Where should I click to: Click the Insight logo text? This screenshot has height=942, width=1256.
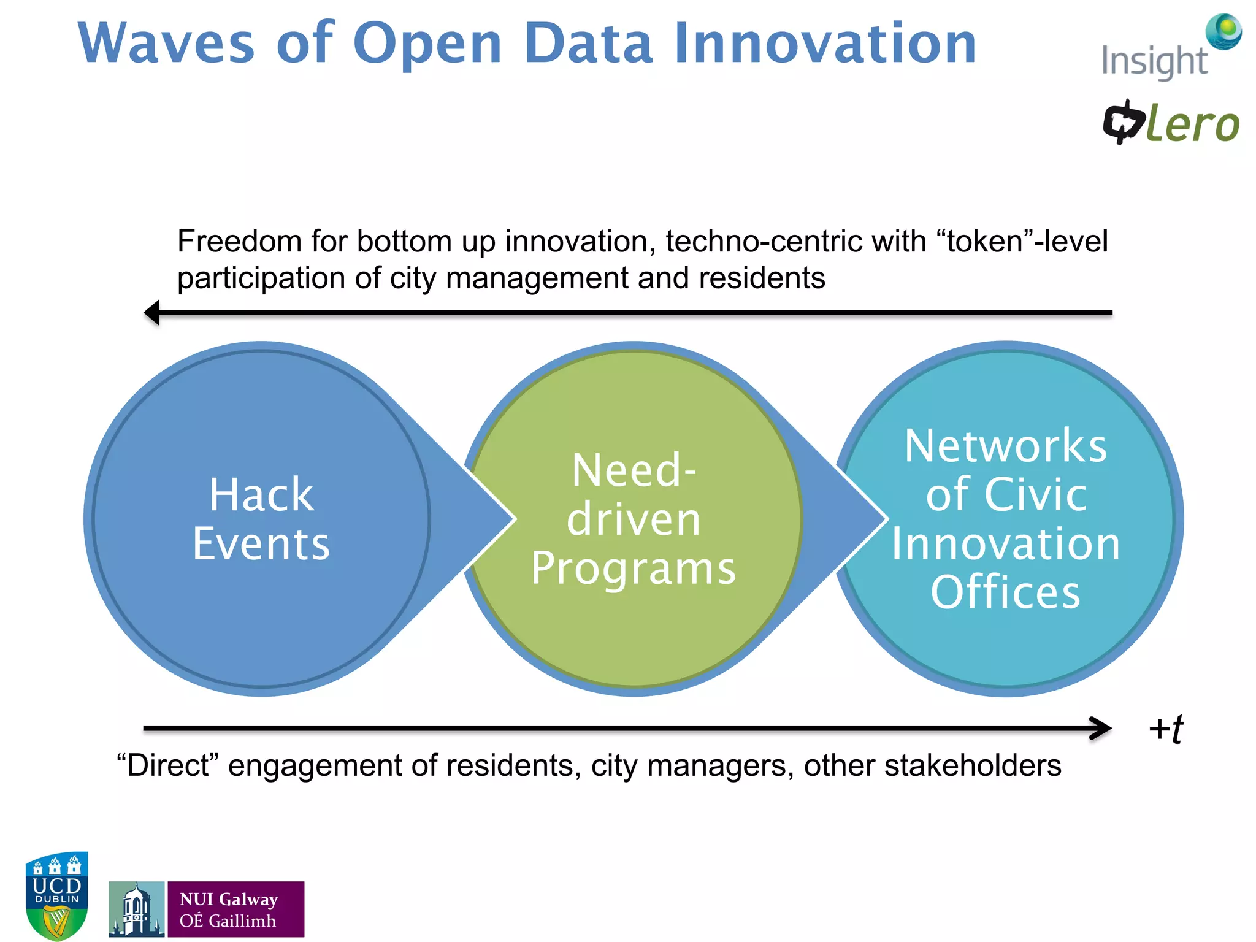coord(1154,61)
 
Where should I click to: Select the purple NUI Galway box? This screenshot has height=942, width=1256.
coord(235,909)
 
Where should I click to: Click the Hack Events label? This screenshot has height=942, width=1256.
coord(261,519)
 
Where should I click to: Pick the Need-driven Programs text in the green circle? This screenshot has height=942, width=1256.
coord(633,519)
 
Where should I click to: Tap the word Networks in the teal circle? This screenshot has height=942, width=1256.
coord(1006,446)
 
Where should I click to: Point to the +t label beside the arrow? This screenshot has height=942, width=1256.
coord(1165,729)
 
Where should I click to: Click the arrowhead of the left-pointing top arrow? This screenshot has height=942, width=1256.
coord(152,312)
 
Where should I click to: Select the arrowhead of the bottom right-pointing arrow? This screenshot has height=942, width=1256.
coord(1101,729)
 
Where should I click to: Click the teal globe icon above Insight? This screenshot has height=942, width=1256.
coord(1223,31)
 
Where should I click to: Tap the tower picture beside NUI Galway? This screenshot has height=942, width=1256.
coord(136,909)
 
